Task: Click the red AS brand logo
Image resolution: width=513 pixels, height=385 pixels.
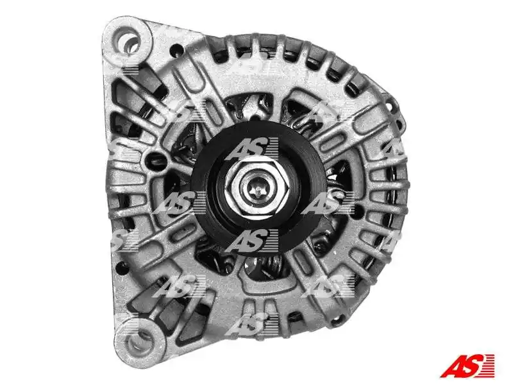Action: tap(467, 365)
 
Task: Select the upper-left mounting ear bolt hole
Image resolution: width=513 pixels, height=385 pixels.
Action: tap(127, 41)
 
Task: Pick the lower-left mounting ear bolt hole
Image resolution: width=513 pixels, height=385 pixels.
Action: tap(140, 341)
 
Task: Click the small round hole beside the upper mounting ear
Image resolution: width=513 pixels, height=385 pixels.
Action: tap(177, 50)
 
